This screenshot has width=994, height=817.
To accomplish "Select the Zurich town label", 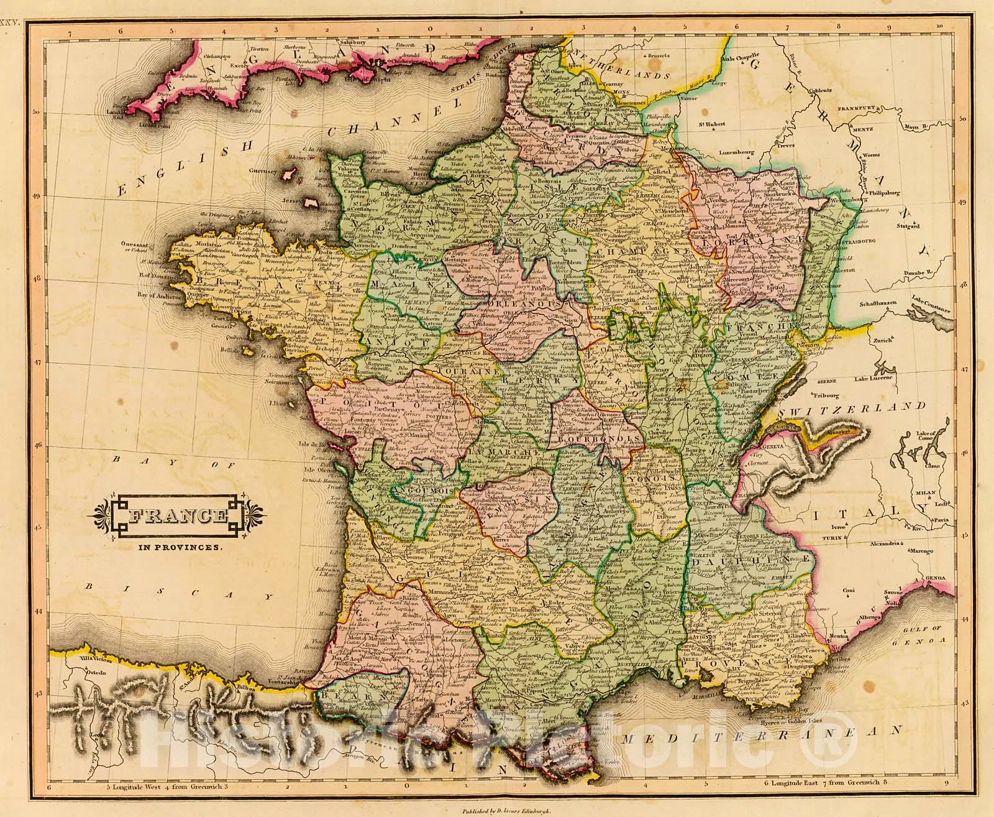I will click(882, 340).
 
